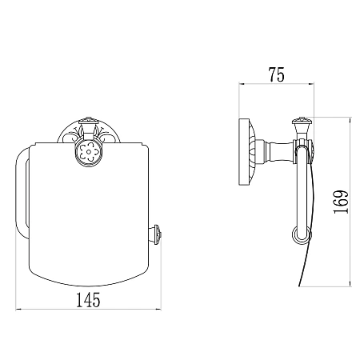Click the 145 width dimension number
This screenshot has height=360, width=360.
click(x=88, y=300)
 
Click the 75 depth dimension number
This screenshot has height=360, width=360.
click(x=277, y=74)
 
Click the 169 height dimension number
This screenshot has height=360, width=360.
click(x=341, y=202)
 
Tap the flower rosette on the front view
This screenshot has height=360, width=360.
click(x=89, y=152)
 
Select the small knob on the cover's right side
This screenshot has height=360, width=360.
click(x=157, y=234)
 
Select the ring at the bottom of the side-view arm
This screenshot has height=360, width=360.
click(x=302, y=234)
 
